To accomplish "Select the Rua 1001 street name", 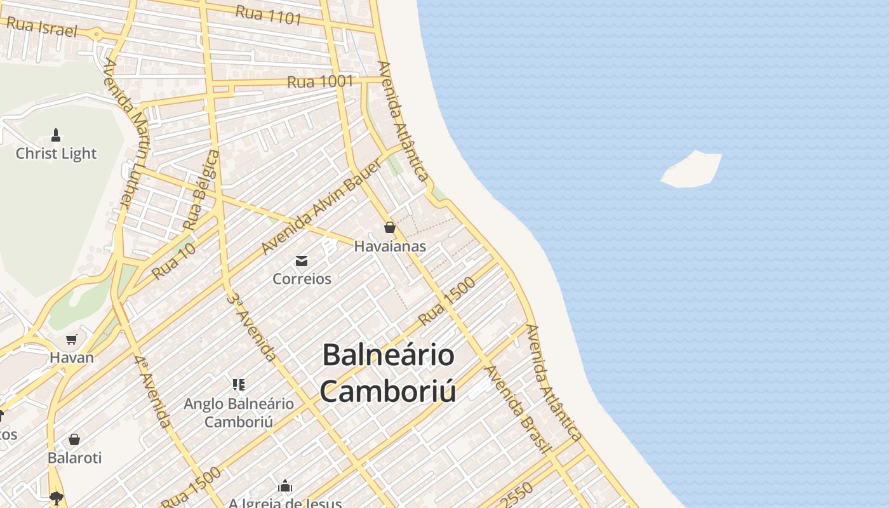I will pyautogui.click(x=320, y=82).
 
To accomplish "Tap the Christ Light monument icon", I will pyautogui.click(x=56, y=135).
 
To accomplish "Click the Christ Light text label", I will pyautogui.click(x=56, y=154).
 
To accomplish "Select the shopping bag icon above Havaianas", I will pyautogui.click(x=390, y=227).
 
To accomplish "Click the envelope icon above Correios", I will pyautogui.click(x=302, y=260).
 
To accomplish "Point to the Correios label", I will pyautogui.click(x=302, y=279).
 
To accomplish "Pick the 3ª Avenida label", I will pyautogui.click(x=253, y=327).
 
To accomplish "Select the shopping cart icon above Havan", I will pyautogui.click(x=72, y=340).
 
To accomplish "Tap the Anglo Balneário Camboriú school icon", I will pyautogui.click(x=239, y=384).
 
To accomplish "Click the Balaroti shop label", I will pyautogui.click(x=74, y=458).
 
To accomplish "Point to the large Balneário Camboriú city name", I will pyautogui.click(x=388, y=373).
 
